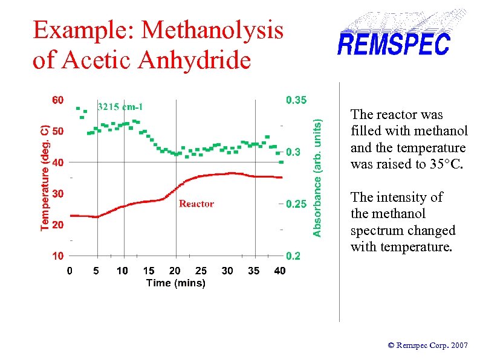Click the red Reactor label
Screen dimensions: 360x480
coord(196,204)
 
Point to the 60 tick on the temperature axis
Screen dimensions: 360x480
coord(57,100)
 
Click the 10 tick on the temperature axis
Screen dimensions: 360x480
coord(57,256)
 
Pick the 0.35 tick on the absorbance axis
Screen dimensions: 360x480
coord(296,100)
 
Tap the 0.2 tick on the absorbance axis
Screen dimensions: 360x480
coord(293,256)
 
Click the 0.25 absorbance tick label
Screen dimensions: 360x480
coord(296,204)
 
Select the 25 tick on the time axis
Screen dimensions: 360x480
coord(201,271)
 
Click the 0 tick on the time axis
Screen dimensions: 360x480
coord(70,271)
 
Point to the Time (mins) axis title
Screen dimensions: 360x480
coord(175,283)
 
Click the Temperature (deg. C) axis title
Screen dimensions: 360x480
coord(45,178)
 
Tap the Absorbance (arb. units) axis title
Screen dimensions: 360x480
coord(317,177)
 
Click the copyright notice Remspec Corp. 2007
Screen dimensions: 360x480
coord(427,346)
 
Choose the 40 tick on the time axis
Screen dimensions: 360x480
coord(279,271)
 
